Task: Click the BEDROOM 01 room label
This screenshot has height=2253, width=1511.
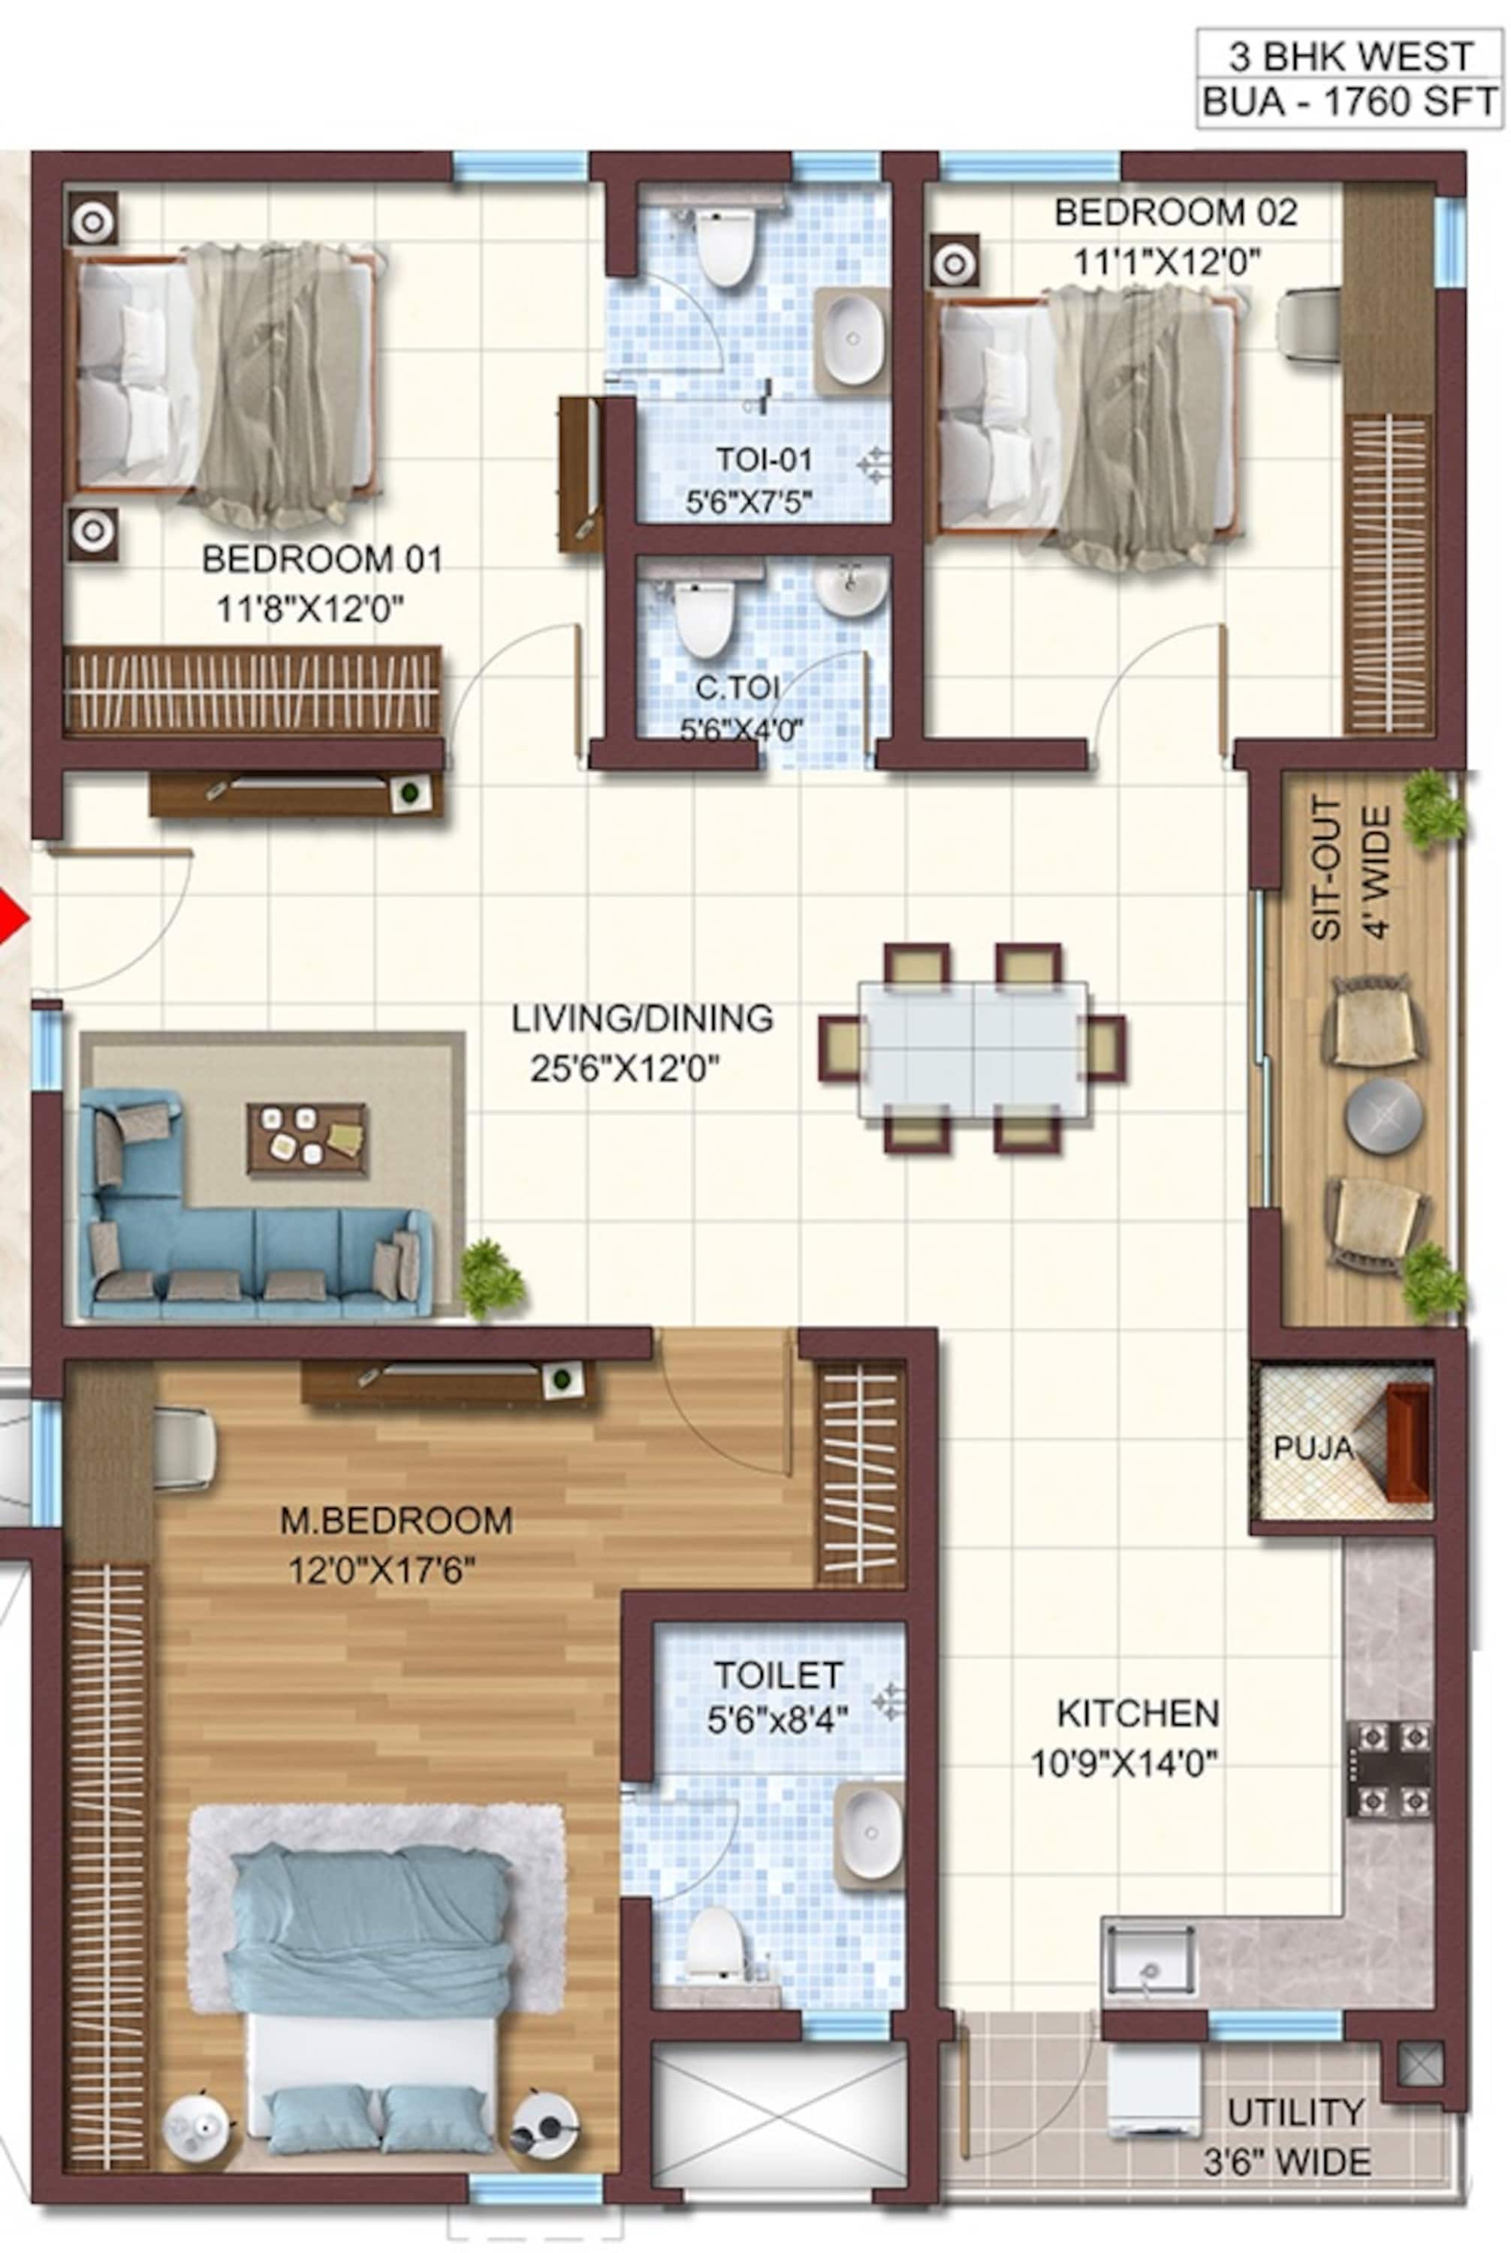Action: tap(322, 559)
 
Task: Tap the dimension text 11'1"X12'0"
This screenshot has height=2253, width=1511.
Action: tap(1168, 261)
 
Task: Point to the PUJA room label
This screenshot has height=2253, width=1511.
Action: tap(1313, 1447)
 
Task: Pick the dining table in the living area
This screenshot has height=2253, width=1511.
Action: tap(973, 1049)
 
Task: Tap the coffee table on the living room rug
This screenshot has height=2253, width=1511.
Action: tap(307, 1139)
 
